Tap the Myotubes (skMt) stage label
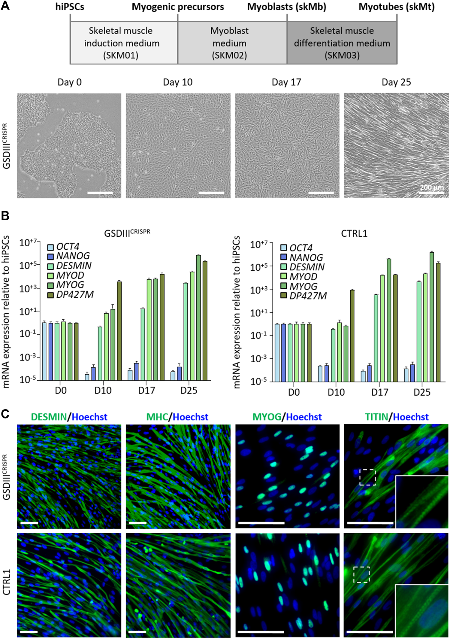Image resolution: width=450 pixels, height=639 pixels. [396, 7]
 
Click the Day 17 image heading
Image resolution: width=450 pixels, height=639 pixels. [286, 82]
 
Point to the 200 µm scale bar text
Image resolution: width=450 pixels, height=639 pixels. [431, 187]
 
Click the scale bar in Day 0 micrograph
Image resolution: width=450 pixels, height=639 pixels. [100, 193]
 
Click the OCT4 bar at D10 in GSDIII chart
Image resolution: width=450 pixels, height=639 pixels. [87, 377]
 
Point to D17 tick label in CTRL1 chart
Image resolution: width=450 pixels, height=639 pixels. [379, 392]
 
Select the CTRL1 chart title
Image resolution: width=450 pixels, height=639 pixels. [354, 233]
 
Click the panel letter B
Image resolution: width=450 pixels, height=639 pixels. [5, 216]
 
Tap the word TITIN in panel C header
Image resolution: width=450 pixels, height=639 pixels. [376, 417]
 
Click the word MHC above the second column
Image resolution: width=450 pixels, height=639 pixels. [157, 417]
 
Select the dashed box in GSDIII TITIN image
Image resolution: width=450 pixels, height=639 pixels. [367, 477]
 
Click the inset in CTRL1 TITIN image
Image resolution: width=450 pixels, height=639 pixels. [421, 611]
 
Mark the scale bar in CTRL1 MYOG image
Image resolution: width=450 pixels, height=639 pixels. [261, 632]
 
